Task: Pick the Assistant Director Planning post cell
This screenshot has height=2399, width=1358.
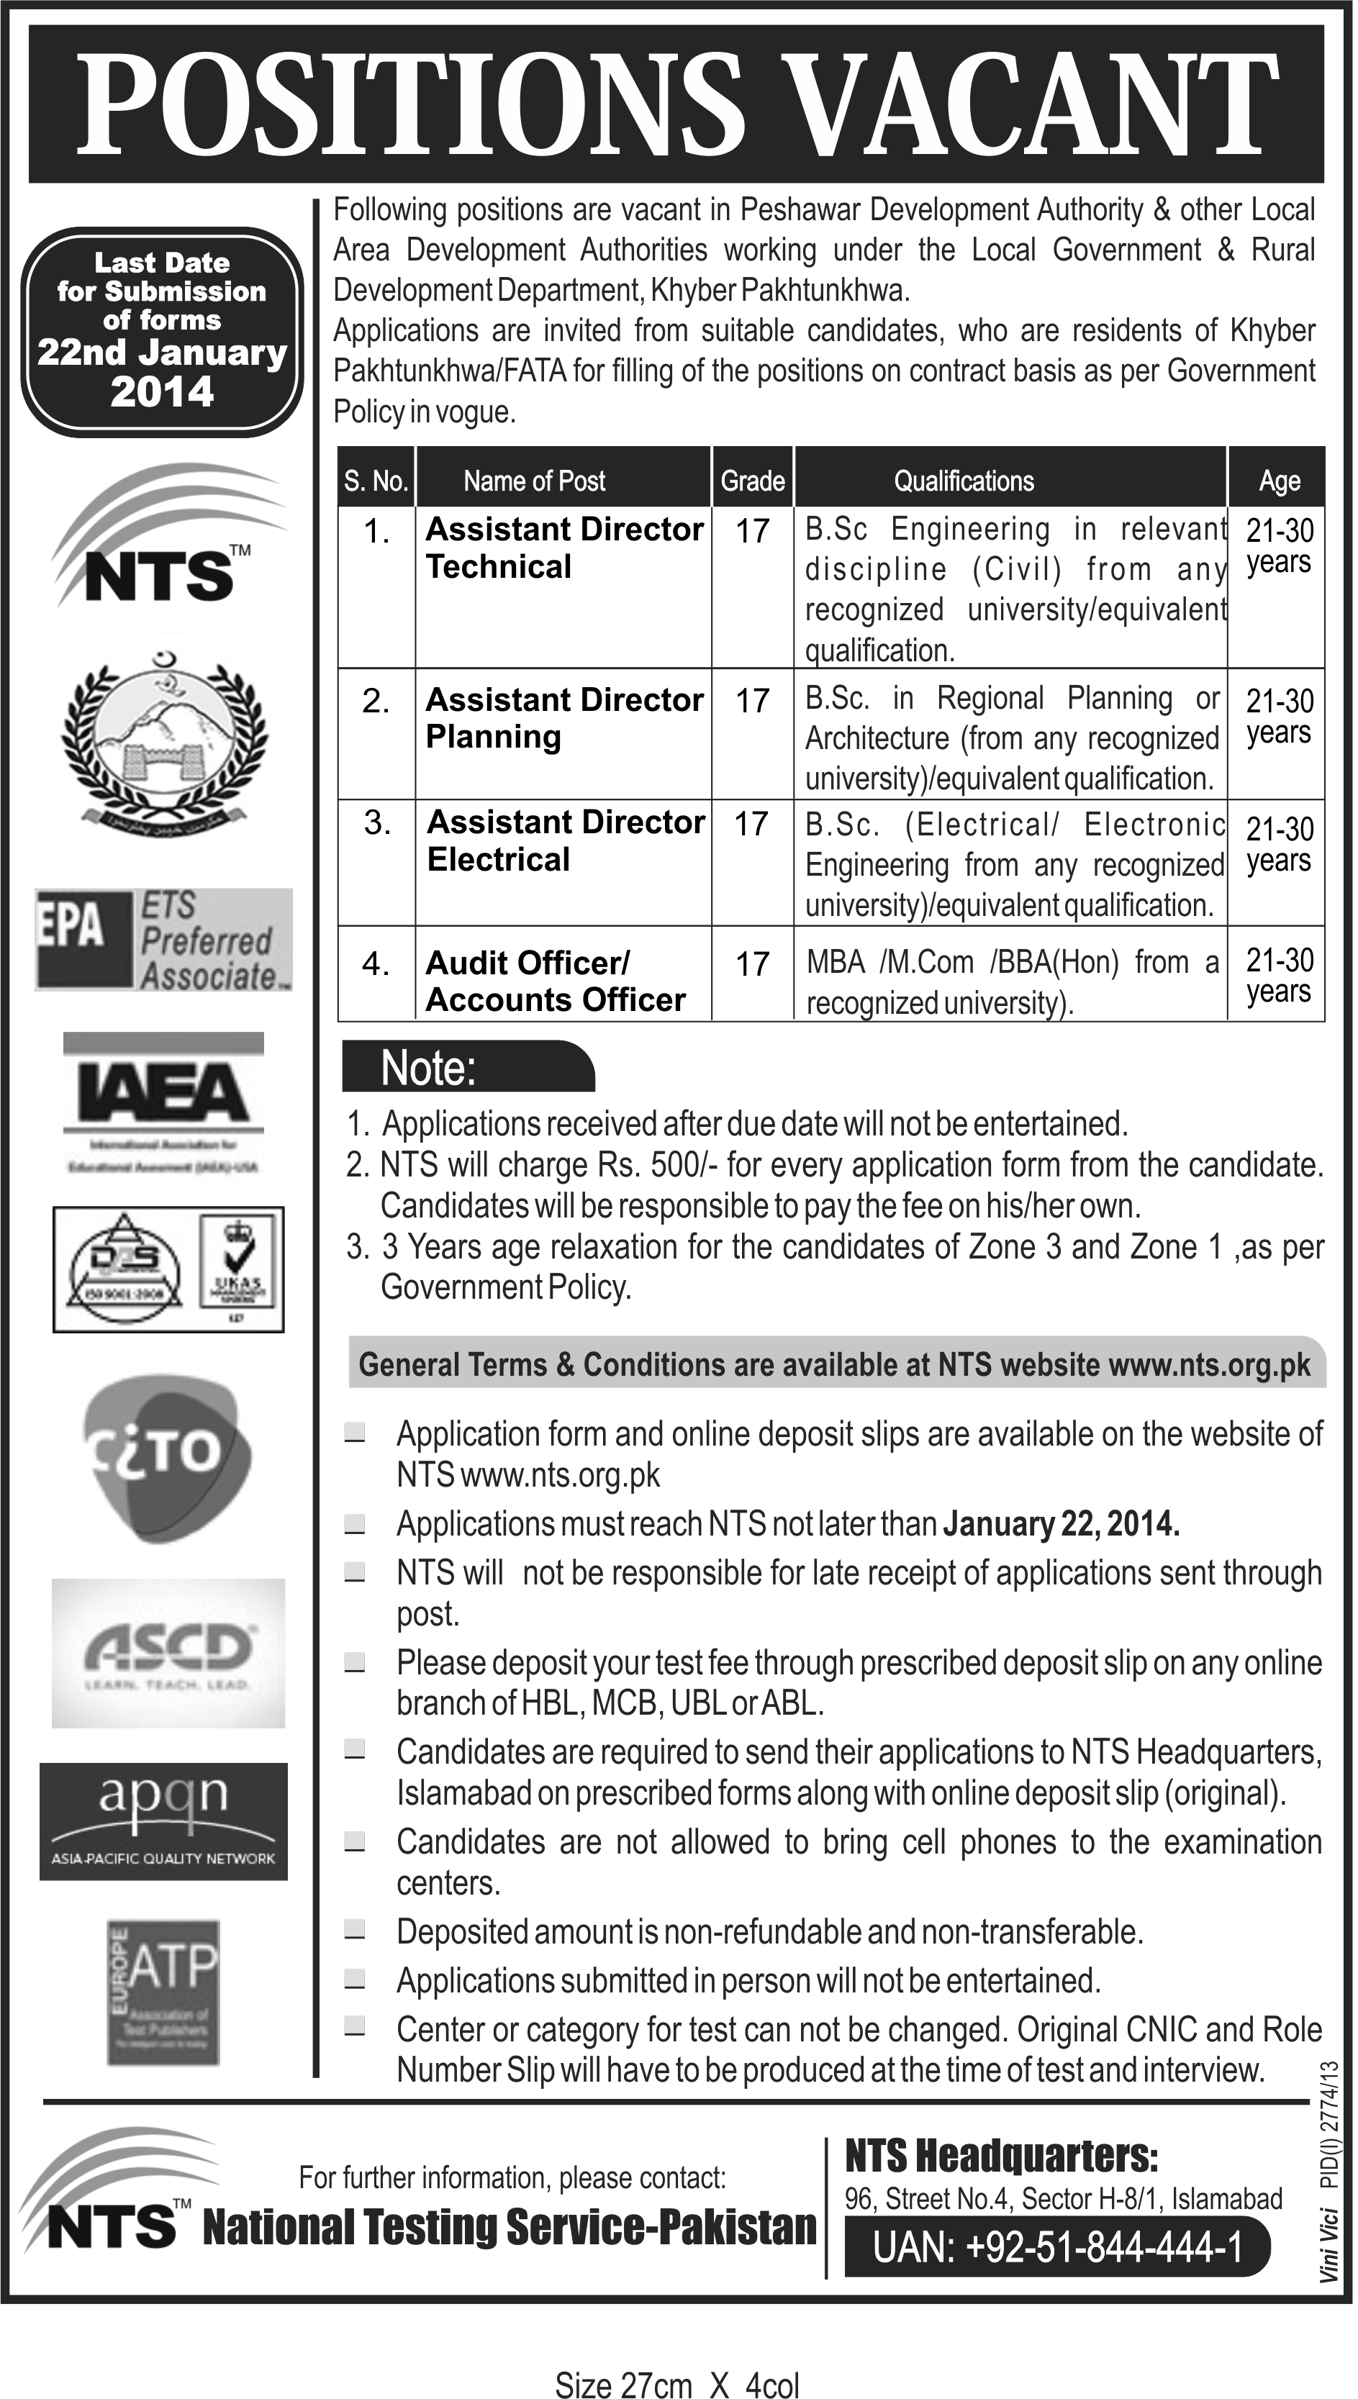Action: pyautogui.click(x=562, y=718)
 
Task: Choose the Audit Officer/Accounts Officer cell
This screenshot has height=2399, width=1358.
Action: pyautogui.click(x=555, y=980)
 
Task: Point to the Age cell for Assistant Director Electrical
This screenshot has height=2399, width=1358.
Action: pyautogui.click(x=1279, y=844)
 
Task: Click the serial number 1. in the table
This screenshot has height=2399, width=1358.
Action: pyautogui.click(x=377, y=532)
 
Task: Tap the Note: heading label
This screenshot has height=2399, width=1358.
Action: pyautogui.click(x=428, y=1068)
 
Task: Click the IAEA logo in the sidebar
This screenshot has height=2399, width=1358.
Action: pyautogui.click(x=163, y=1100)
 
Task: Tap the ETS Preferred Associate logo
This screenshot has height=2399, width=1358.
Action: pyautogui.click(x=164, y=939)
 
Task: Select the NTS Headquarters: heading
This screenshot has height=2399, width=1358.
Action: pyautogui.click(x=1001, y=2156)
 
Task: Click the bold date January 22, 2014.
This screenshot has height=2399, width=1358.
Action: pyautogui.click(x=1061, y=1523)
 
